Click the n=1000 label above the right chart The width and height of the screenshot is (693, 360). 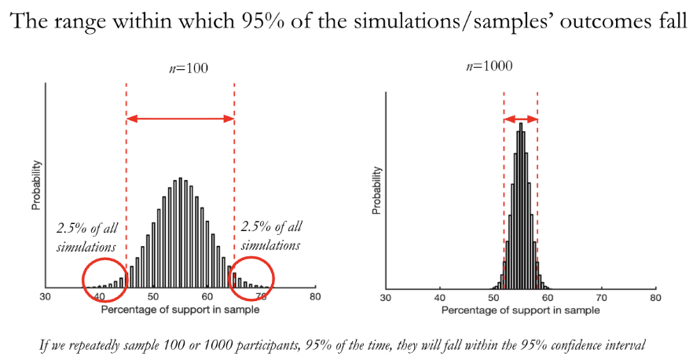click(x=489, y=67)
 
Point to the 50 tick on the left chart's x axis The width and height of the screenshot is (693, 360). click(x=153, y=297)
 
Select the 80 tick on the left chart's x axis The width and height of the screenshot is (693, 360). click(x=314, y=297)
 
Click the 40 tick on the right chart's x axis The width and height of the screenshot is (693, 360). click(x=440, y=298)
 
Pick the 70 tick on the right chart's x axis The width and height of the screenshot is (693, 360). click(x=601, y=298)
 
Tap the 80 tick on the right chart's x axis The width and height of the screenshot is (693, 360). click(x=655, y=298)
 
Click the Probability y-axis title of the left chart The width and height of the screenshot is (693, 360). click(x=36, y=186)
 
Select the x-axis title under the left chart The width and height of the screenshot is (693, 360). click(x=180, y=309)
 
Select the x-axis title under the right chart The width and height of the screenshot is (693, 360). click(x=520, y=310)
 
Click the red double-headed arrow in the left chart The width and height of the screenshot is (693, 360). click(x=180, y=119)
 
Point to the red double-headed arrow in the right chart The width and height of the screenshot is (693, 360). click(x=520, y=119)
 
